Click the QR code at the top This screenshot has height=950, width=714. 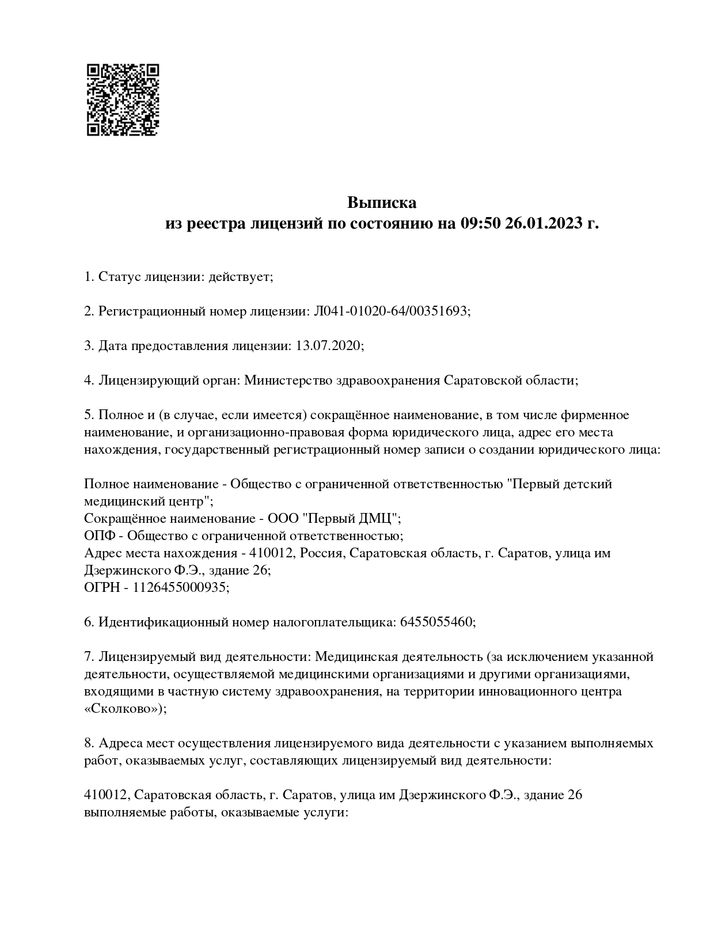click(x=123, y=100)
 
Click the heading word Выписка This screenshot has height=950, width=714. click(x=381, y=203)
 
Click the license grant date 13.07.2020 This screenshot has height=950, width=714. click(x=328, y=346)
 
